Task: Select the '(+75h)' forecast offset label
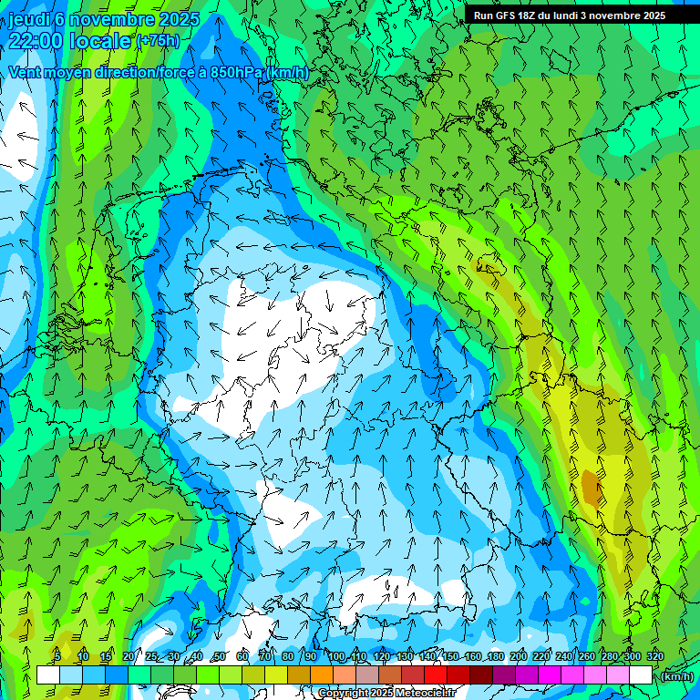click(x=159, y=41)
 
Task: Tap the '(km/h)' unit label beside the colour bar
click(x=677, y=676)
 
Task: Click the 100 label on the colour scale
click(x=336, y=657)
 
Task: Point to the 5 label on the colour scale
click(x=57, y=657)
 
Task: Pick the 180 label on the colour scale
click(x=495, y=657)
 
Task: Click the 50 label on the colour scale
click(x=220, y=657)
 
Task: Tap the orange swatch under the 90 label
click(x=322, y=675)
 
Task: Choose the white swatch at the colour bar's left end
click(x=48, y=675)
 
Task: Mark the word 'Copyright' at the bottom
click(x=344, y=694)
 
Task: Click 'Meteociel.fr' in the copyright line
click(x=426, y=694)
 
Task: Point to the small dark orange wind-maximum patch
click(x=592, y=490)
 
